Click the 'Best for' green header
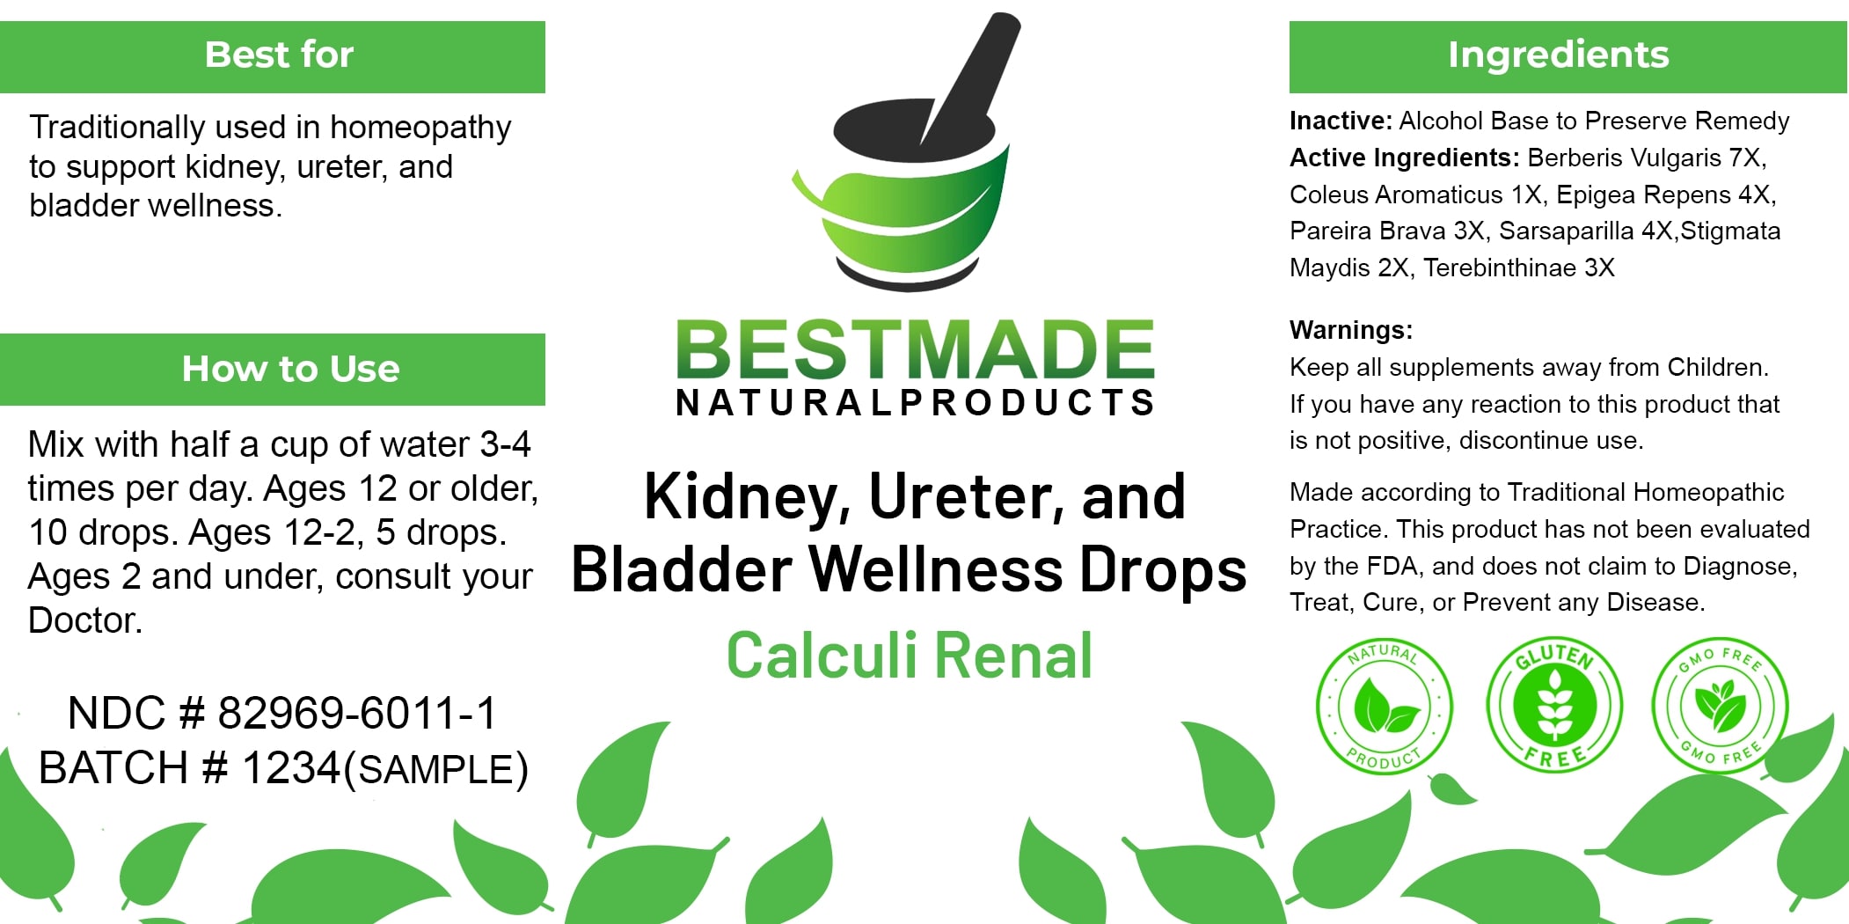273,56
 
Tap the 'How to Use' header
273,370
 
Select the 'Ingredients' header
1568,56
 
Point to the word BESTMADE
915,349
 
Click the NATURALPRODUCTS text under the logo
915,403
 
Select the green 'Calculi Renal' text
910,656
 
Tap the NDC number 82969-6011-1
357,713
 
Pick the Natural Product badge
1384,707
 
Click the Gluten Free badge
1554,705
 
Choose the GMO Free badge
1720,706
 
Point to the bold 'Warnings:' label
1351,330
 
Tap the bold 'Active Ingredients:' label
1405,158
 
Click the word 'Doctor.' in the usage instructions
85,620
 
